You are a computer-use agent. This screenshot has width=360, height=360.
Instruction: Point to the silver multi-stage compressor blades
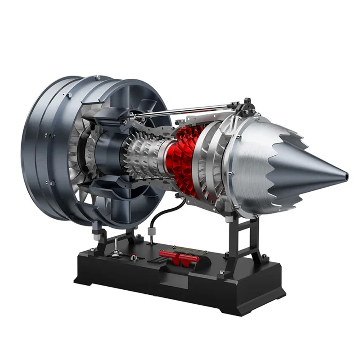click(x=142, y=155)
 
